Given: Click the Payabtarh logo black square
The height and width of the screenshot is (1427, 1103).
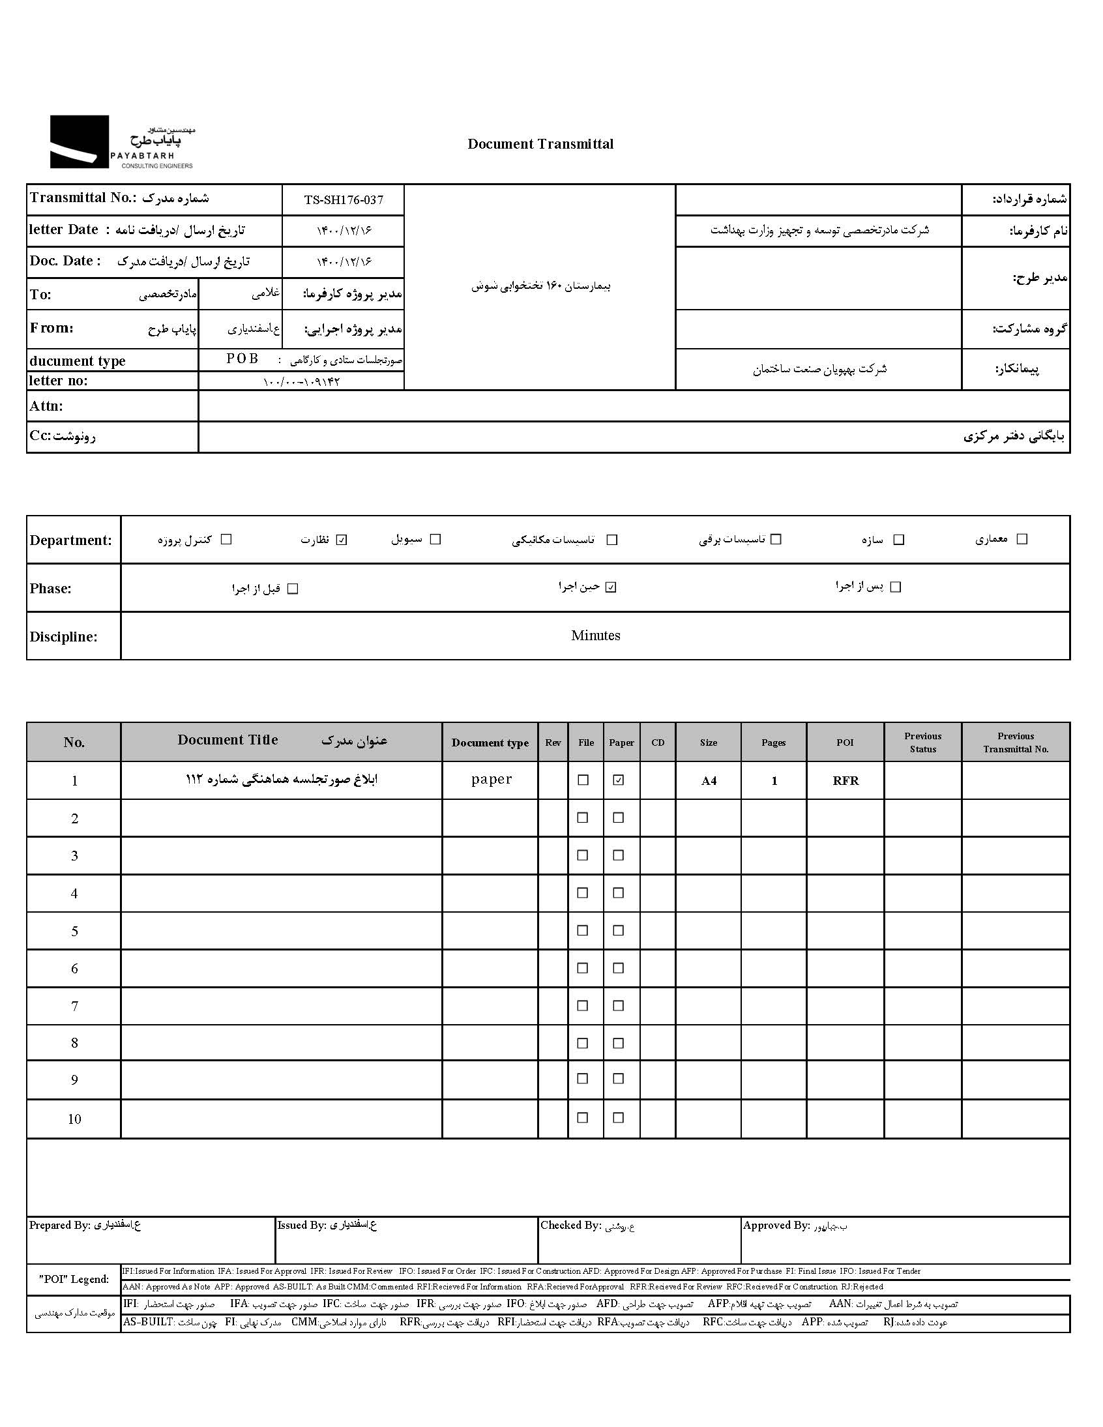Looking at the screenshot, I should (x=79, y=141).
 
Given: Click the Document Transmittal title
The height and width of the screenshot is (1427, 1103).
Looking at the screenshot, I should (x=540, y=145).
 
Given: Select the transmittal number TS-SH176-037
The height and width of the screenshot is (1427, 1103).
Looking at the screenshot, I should (x=343, y=200).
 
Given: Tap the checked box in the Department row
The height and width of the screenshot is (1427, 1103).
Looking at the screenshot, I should (x=341, y=540).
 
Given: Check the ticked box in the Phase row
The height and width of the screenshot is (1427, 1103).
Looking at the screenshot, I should (x=610, y=587).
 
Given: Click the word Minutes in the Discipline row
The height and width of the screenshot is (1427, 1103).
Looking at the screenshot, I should (x=595, y=636).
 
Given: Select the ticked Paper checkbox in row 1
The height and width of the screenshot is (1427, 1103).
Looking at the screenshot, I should (x=618, y=780).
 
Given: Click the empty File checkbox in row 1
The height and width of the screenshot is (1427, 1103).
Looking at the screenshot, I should (x=583, y=780).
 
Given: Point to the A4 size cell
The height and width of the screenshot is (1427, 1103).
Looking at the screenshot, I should (x=709, y=781).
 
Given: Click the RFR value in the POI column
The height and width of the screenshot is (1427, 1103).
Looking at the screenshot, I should (x=845, y=781).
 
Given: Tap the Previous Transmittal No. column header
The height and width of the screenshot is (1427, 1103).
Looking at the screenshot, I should (x=1016, y=743).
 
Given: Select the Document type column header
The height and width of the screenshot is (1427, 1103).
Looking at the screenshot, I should (x=490, y=743).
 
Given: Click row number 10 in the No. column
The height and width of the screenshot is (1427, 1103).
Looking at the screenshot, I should (x=74, y=1119).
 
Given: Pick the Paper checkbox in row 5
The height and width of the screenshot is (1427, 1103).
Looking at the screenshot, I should (x=618, y=930).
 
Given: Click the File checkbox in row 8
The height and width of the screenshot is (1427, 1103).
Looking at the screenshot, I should (x=583, y=1044).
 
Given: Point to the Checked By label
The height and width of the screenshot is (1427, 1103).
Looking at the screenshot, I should (x=570, y=1226).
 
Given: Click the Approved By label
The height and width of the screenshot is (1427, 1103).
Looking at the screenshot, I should (x=776, y=1226).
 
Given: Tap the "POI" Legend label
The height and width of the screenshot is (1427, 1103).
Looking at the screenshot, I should (x=74, y=1279).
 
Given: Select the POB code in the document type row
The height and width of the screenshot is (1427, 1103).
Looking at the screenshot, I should (x=243, y=359).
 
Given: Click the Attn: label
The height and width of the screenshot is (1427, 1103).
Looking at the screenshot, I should (x=46, y=405).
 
